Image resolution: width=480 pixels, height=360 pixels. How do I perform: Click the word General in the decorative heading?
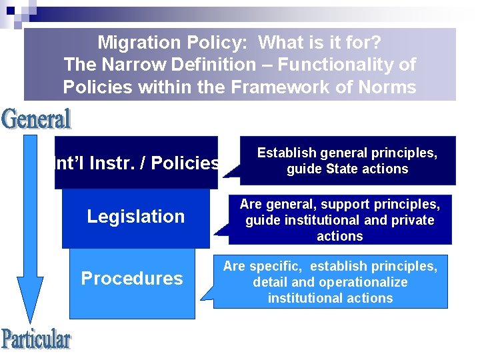click(x=37, y=119)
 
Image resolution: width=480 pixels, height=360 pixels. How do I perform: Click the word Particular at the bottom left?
click(x=36, y=339)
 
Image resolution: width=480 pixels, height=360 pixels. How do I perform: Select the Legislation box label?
click(x=136, y=216)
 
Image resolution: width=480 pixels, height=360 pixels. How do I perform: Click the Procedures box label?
click(x=131, y=278)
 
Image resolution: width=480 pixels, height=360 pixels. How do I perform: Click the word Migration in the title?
click(x=137, y=43)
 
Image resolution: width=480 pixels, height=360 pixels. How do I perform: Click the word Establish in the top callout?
click(x=286, y=153)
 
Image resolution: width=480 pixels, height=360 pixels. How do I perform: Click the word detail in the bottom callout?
click(x=271, y=282)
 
